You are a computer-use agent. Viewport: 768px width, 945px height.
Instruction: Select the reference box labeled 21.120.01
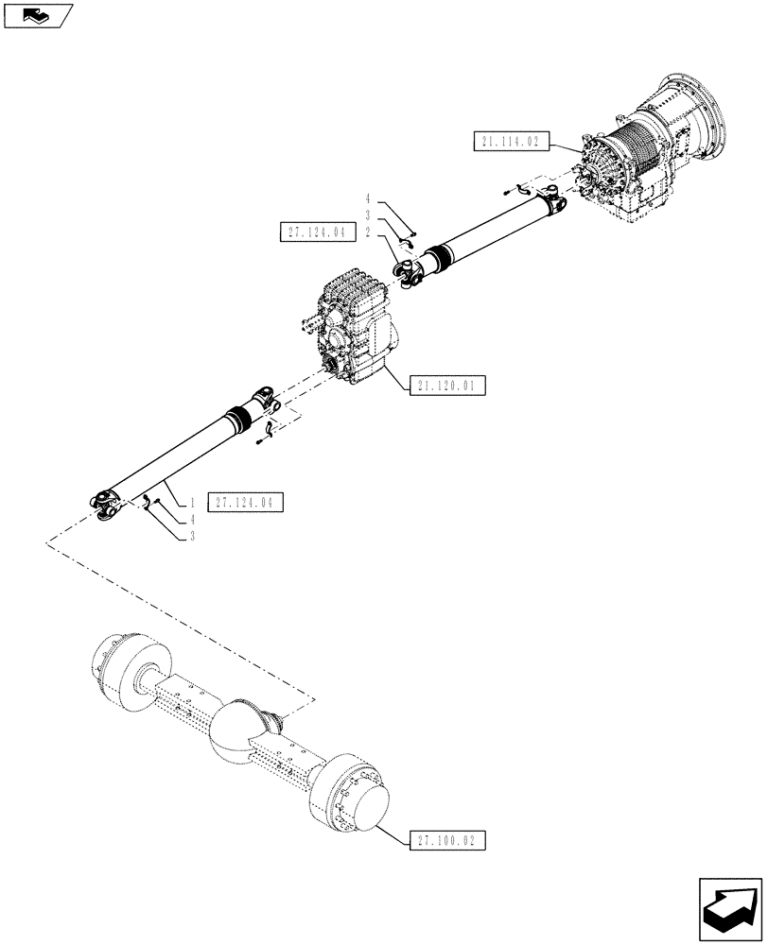448,385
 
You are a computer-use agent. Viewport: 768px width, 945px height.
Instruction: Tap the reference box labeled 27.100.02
448,838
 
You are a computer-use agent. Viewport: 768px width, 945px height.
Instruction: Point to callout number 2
367,232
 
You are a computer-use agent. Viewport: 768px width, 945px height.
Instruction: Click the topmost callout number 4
367,199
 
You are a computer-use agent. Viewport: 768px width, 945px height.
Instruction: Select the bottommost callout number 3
192,536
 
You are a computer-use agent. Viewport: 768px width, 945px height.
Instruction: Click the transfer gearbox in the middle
350,326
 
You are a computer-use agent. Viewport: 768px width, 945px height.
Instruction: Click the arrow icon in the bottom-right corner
730,909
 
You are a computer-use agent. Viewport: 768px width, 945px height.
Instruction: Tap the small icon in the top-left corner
38,15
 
